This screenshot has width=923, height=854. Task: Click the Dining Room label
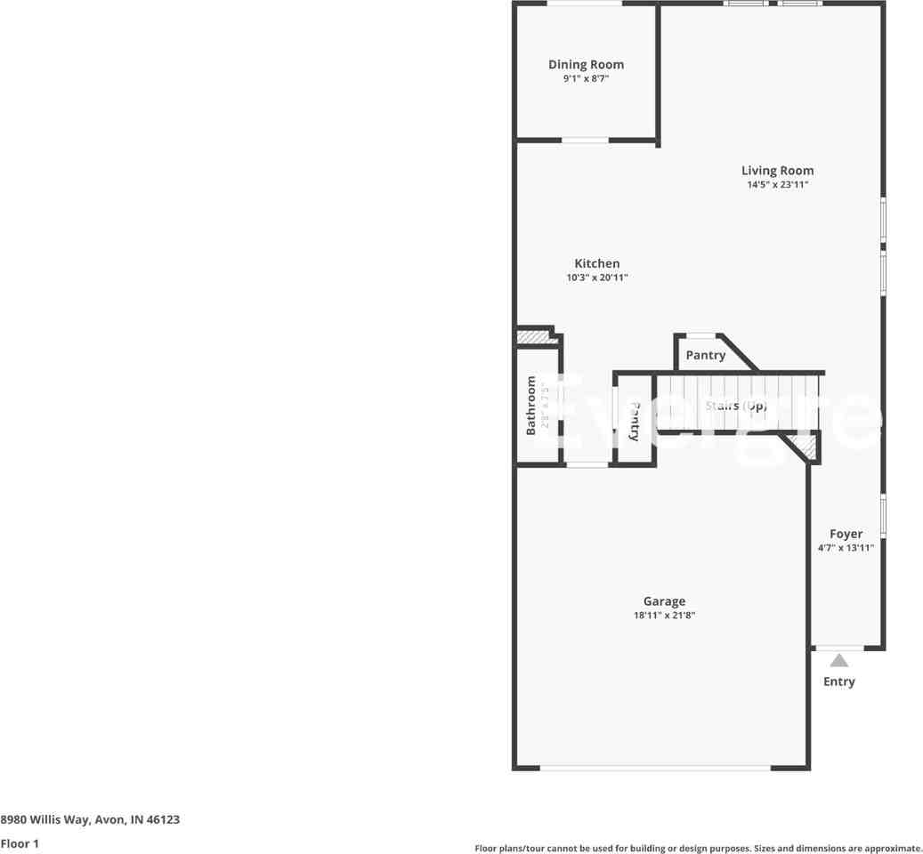[x=586, y=64]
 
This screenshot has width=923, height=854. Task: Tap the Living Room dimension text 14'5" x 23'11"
[x=777, y=185]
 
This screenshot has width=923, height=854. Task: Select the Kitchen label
[x=596, y=263]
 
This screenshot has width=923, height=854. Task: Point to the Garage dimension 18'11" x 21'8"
[x=663, y=616]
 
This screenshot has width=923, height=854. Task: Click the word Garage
[x=664, y=601]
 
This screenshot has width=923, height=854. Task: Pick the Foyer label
[x=846, y=534]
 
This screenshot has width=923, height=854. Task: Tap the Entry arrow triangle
[x=838, y=660]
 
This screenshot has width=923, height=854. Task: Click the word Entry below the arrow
[x=838, y=681]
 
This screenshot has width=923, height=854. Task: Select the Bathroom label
[x=531, y=405]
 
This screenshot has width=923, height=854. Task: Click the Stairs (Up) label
[x=735, y=406]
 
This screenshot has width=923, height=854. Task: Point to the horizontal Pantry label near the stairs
[x=705, y=355]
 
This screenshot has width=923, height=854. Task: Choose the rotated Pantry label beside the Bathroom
[x=635, y=421]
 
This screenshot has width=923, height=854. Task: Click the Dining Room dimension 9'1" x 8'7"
[x=586, y=79]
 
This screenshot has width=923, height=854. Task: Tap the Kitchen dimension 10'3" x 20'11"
[x=597, y=278]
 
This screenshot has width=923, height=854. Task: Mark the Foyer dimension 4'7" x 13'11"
[x=846, y=548]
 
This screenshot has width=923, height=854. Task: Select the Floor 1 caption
[x=20, y=843]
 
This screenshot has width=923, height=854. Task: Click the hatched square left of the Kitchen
[x=533, y=338]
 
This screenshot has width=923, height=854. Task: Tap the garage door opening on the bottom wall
[x=655, y=768]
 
